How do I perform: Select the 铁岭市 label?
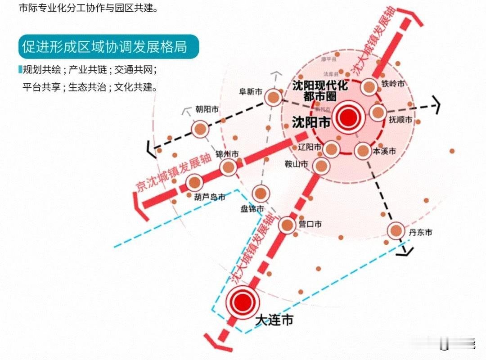pyautogui.click(x=393, y=83)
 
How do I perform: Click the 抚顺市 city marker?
pyautogui.click(x=378, y=112)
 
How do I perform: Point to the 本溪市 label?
pyautogui.click(x=384, y=151)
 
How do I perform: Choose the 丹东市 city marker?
pyautogui.click(x=396, y=231)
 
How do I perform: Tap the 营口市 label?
pyautogui.click(x=310, y=224)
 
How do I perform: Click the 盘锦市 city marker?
pyautogui.click(x=261, y=194)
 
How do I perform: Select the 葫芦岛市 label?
pyautogui.click(x=209, y=197)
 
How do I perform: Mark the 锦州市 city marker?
pyautogui.click(x=228, y=167)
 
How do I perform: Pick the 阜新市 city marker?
pyautogui.click(x=273, y=97)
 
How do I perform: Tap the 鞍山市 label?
pyautogui.click(x=297, y=165)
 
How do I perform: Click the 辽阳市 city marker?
pyautogui.click(x=331, y=149)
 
